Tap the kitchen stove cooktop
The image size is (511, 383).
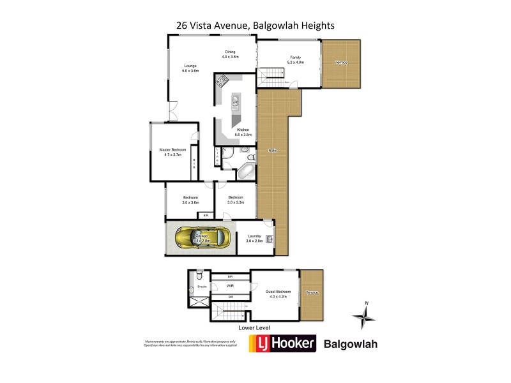click(222, 81)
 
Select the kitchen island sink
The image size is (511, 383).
click(234, 101)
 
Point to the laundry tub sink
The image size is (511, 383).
click(269, 239)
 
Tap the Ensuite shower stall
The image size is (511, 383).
click(199, 299)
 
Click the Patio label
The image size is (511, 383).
click(272, 151)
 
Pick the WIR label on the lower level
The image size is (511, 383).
click(230, 286)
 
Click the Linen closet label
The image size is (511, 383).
click(218, 156)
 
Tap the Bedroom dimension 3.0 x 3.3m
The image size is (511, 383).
click(236, 202)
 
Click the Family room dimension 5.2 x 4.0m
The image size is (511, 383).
click(296, 63)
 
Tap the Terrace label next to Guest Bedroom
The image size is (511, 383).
click(312, 292)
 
